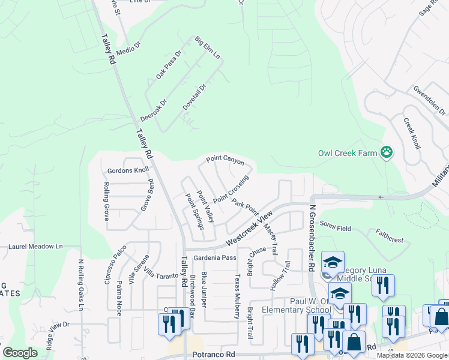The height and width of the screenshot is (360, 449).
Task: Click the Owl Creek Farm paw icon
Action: point(387,153)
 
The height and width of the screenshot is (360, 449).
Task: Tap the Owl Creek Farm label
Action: point(348,153)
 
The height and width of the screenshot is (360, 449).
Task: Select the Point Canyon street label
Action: point(225,160)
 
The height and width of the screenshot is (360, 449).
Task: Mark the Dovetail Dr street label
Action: point(194,97)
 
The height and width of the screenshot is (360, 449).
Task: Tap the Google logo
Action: point(20,353)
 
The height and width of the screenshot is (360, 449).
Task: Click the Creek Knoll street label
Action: point(412,133)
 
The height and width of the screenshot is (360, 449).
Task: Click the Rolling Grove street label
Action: point(106,202)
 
